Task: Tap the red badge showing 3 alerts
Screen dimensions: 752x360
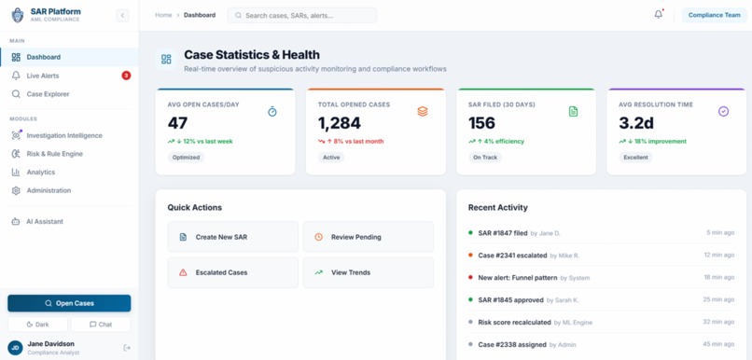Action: tap(126, 76)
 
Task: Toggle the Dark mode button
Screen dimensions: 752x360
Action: tap(37, 325)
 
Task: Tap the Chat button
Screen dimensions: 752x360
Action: tap(101, 325)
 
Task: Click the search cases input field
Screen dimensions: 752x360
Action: tap(302, 15)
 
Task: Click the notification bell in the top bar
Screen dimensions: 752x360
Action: tap(659, 14)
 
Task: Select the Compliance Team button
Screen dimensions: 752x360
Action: tap(714, 15)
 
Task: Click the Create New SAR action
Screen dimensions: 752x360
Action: tap(232, 237)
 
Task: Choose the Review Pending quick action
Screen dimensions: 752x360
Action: tap(369, 237)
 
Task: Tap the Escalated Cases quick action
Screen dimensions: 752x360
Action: tap(232, 272)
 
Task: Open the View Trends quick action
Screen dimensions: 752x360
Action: tap(369, 272)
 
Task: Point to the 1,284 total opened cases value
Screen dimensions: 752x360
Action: tap(340, 123)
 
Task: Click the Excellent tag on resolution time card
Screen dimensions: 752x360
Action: tap(636, 158)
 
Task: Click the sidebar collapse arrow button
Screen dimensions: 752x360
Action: tap(122, 15)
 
